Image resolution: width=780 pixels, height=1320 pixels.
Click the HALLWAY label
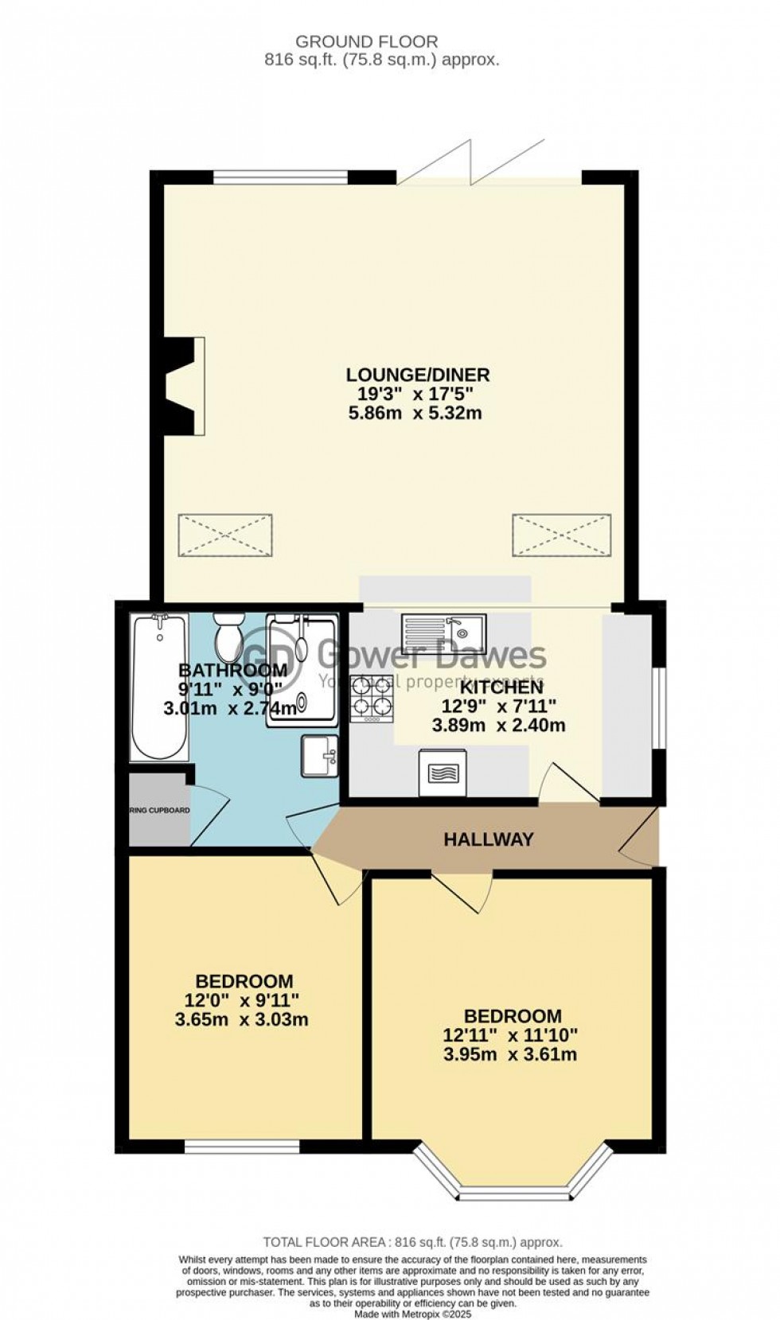[488, 839]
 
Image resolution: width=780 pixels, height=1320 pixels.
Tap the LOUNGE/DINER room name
[417, 374]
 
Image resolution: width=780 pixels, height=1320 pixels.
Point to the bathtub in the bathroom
[160, 687]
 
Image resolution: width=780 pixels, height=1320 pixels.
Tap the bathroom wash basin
[320, 754]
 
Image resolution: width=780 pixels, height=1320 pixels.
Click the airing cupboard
[160, 811]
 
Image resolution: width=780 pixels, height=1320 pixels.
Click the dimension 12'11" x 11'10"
[510, 1035]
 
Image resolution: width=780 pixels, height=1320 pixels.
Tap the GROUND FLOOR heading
[366, 41]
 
